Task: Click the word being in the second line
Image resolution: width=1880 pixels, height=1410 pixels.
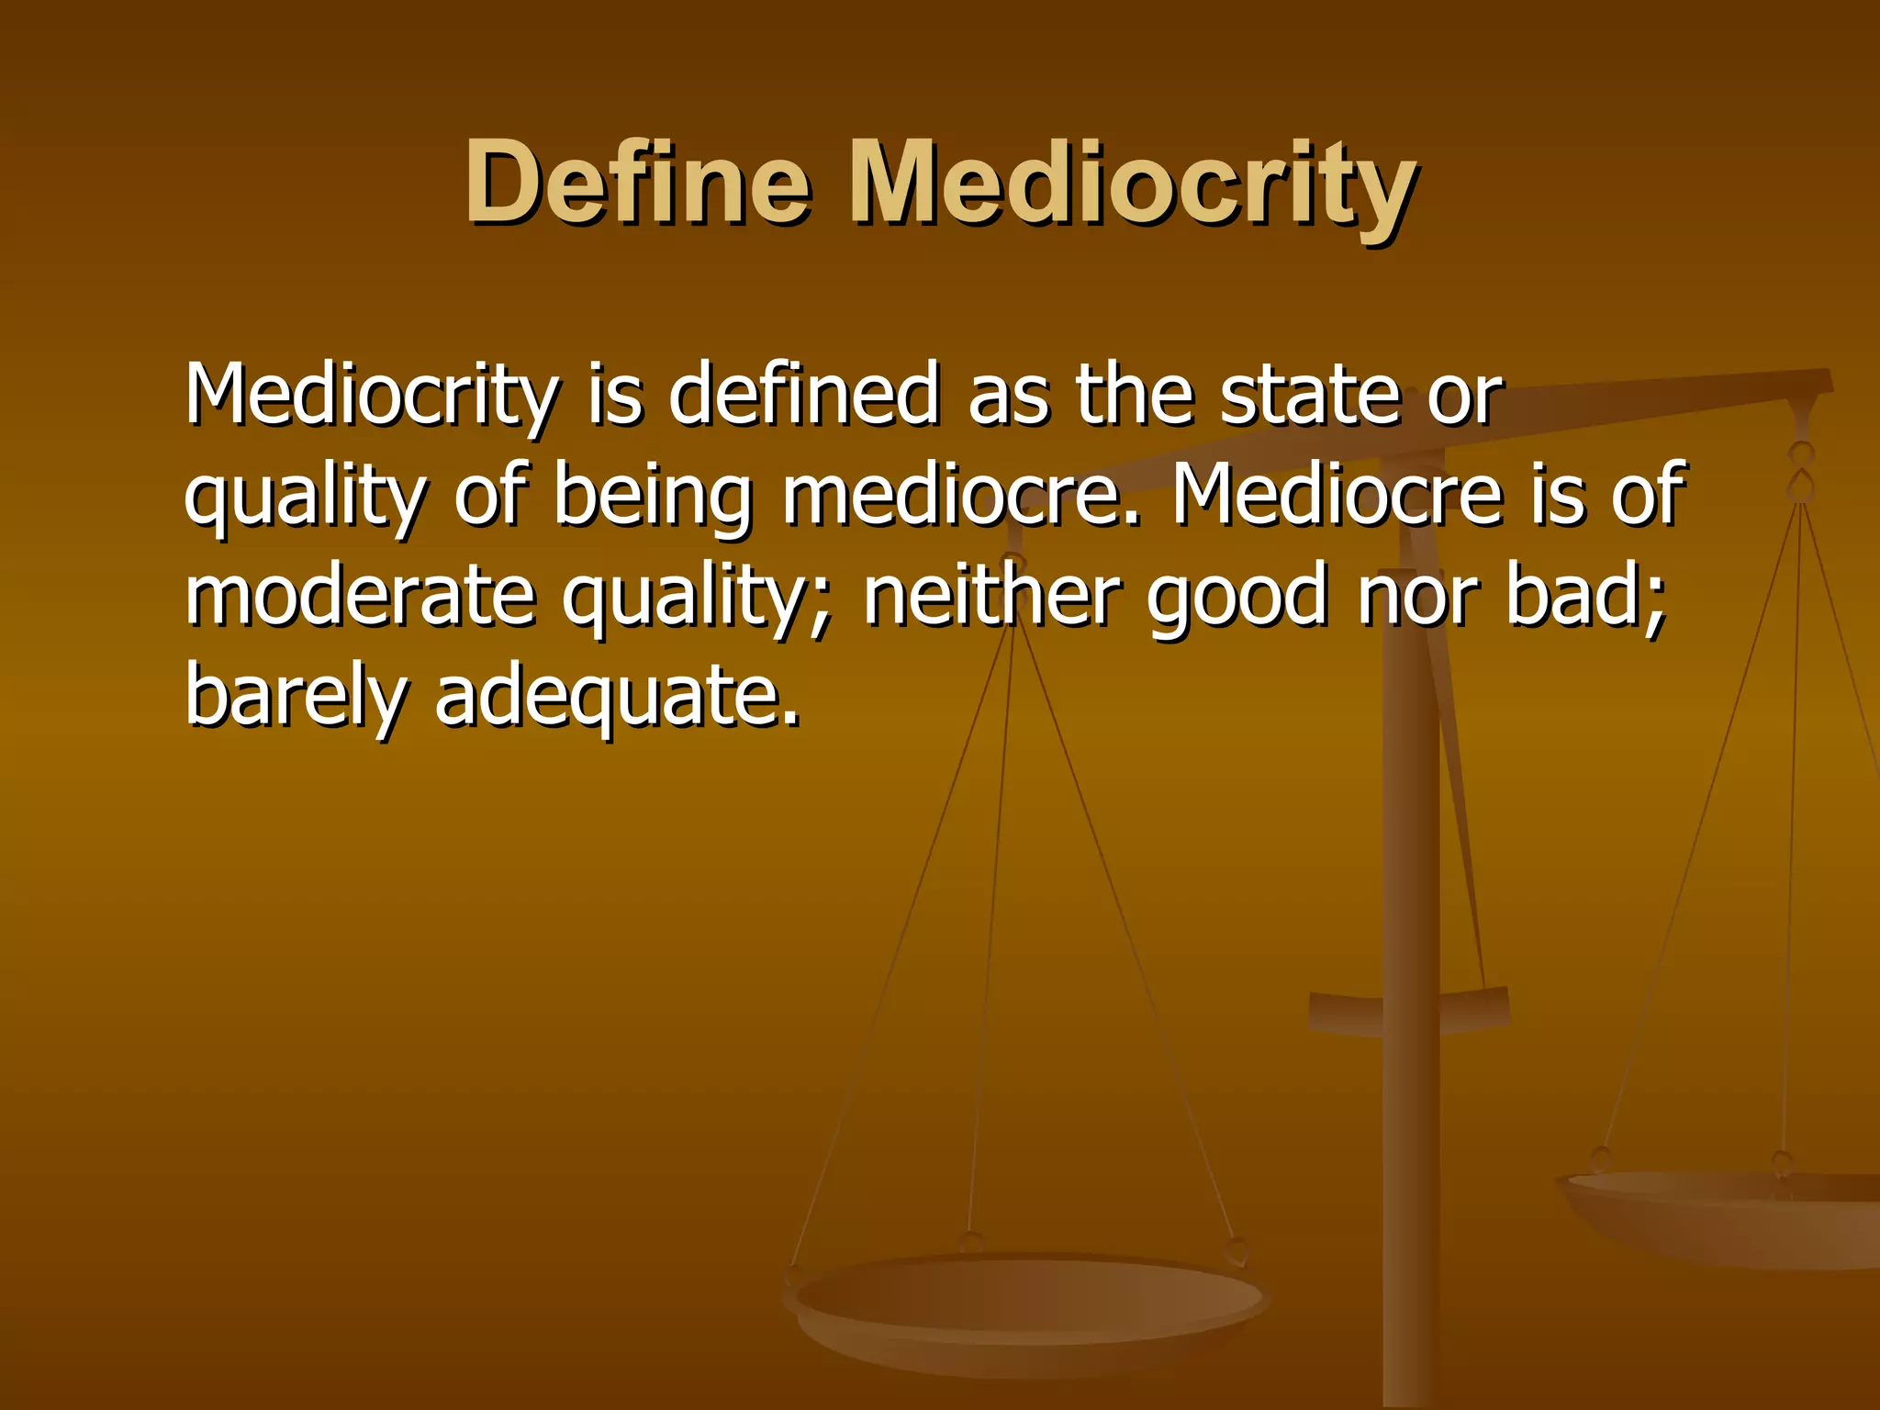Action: (x=653, y=497)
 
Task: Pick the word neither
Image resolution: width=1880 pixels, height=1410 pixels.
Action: (x=991, y=596)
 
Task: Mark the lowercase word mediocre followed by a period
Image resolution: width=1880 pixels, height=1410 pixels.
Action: (x=960, y=497)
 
